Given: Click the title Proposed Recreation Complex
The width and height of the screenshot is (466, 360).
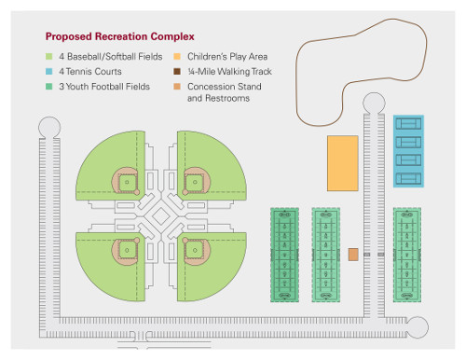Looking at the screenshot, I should pyautogui.click(x=120, y=37).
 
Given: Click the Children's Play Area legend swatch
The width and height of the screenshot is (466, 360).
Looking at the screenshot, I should pyautogui.click(x=177, y=58).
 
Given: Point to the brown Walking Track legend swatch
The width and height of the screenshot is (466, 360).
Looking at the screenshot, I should pyautogui.click(x=177, y=72).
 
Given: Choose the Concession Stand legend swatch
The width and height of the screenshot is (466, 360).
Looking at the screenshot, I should pyautogui.click(x=177, y=86).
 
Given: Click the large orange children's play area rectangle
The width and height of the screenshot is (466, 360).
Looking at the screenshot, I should pyautogui.click(x=342, y=163).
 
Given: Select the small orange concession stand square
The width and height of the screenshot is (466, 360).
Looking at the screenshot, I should pyautogui.click(x=353, y=254).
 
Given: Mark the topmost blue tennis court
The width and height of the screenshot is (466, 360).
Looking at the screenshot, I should pyautogui.click(x=408, y=123).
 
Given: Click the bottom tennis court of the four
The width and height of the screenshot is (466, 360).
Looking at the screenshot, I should pyautogui.click(x=408, y=176).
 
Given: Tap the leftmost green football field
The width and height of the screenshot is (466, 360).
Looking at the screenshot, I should pyautogui.click(x=284, y=254).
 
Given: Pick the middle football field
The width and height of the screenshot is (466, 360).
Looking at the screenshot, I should pyautogui.click(x=326, y=254).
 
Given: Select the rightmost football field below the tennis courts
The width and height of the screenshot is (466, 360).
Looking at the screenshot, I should pyautogui.click(x=407, y=254).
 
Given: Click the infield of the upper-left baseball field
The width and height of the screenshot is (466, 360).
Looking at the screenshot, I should pyautogui.click(x=126, y=179).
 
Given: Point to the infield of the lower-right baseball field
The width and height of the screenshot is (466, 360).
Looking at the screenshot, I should pyautogui.click(x=194, y=248).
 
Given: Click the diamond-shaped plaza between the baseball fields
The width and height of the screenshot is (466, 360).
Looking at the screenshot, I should pyautogui.click(x=160, y=215).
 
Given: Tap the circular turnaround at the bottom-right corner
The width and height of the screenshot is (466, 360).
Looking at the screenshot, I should pyautogui.click(x=418, y=325).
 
